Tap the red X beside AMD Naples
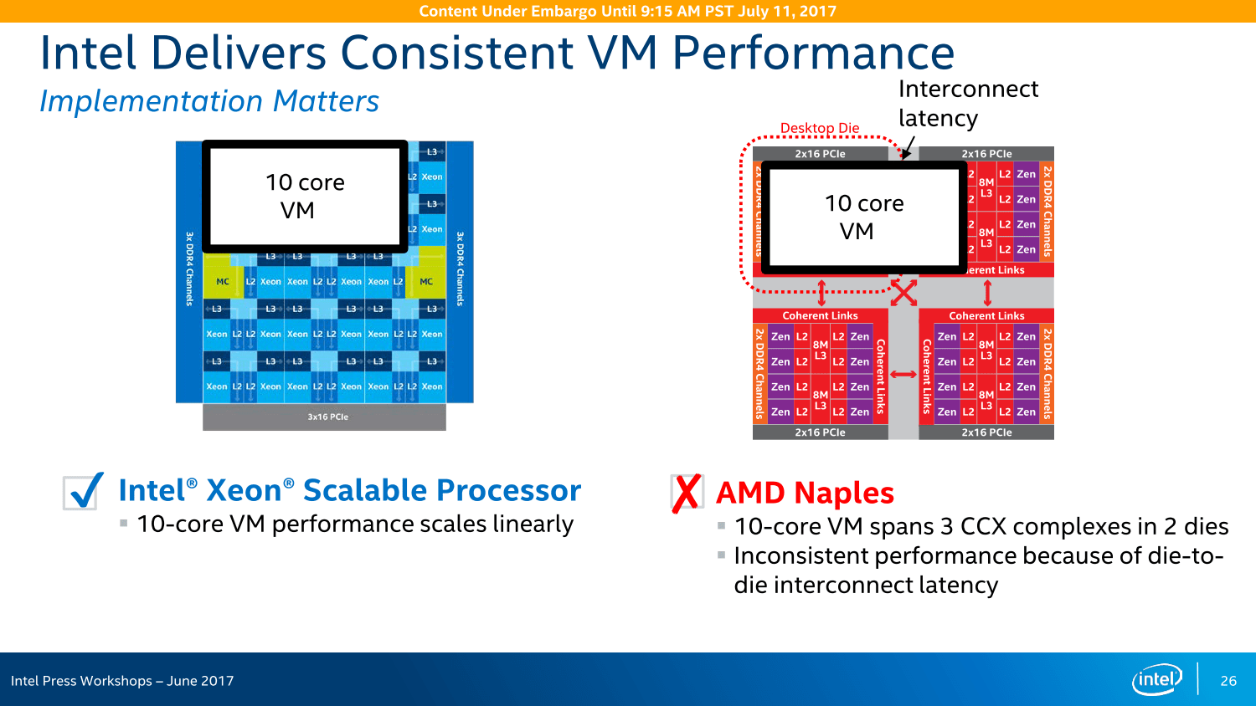(x=686, y=493)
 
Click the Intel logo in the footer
(x=1156, y=679)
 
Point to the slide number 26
(x=1228, y=681)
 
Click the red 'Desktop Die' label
(x=820, y=128)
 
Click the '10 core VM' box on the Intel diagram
(x=306, y=197)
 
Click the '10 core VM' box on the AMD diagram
(x=864, y=217)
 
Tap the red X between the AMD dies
(x=903, y=293)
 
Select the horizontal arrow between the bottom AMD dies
(x=903, y=375)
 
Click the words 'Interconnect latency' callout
(x=968, y=103)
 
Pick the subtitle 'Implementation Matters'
(x=209, y=101)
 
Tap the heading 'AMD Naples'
(x=805, y=493)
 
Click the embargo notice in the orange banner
(x=627, y=11)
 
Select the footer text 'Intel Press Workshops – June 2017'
(x=122, y=681)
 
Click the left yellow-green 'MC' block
(x=223, y=282)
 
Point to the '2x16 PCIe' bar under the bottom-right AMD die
(x=986, y=432)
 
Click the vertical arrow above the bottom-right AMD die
(x=987, y=293)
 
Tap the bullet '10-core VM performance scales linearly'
(x=355, y=524)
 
